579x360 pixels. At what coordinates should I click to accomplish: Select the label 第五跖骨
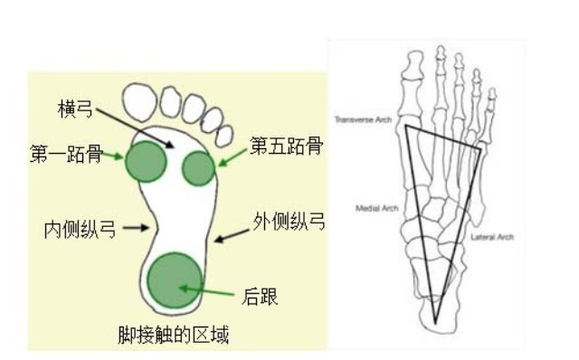pyautogui.click(x=286, y=146)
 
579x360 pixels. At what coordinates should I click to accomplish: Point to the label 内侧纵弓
pyautogui.click(x=80, y=229)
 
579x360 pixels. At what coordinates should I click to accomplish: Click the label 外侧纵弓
pyautogui.click(x=289, y=221)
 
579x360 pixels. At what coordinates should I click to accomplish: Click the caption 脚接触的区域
pyautogui.click(x=173, y=336)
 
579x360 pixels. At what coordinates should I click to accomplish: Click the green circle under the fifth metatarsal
pyautogui.click(x=198, y=167)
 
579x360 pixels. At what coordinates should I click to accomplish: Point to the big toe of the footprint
pyautogui.click(x=147, y=102)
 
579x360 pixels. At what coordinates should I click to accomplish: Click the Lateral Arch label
pyautogui.click(x=492, y=237)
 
